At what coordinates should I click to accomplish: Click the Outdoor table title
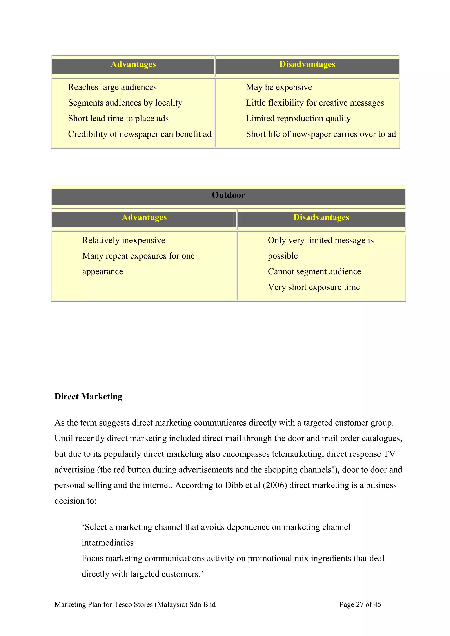tap(228, 195)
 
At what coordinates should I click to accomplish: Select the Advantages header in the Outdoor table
tap(144, 217)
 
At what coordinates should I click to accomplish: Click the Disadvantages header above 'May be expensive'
tap(307, 64)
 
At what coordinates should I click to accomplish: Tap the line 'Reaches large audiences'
tap(112, 87)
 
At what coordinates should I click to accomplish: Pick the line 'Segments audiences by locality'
tap(125, 103)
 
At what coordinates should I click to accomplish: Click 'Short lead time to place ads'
tap(118, 119)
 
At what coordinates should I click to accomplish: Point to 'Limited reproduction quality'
tap(298, 119)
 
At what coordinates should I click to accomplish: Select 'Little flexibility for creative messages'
tap(315, 103)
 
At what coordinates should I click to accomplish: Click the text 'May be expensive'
tap(279, 87)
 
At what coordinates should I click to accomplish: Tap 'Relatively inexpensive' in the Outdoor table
tap(124, 240)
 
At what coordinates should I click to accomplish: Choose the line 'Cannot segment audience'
tap(314, 271)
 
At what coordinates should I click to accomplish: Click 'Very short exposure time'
tap(314, 287)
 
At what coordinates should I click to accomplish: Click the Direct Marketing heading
tap(88, 396)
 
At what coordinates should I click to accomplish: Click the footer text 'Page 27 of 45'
tap(360, 604)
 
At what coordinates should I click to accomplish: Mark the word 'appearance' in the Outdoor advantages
tap(103, 272)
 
